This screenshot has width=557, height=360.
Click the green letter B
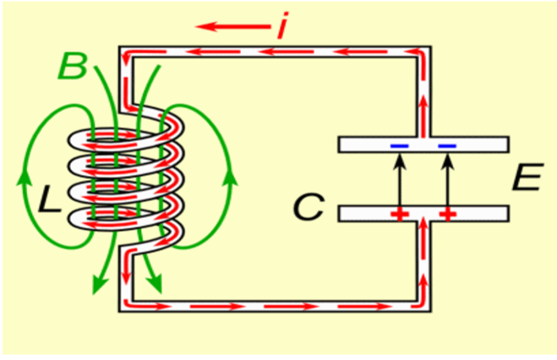tap(74, 65)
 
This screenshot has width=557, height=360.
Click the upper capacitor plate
tap(423, 145)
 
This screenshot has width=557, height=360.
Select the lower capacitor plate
tap(423, 213)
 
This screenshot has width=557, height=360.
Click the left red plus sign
tap(397, 215)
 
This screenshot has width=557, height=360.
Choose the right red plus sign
tap(447, 215)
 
